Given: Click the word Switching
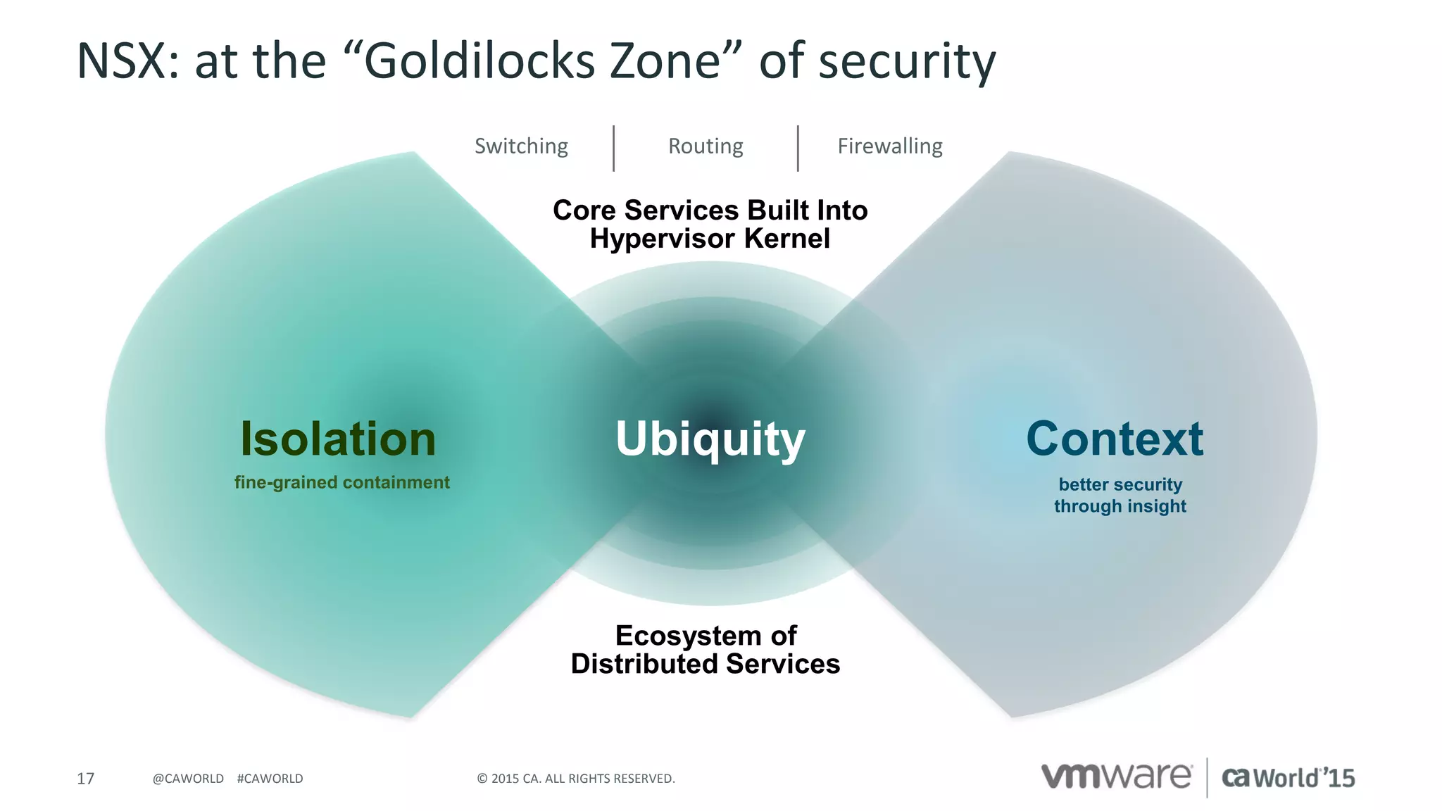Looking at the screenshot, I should pos(521,146).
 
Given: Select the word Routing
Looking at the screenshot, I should pos(706,146).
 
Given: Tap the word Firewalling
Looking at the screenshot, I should pos(890,146).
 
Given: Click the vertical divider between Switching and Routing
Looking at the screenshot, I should pos(614,149).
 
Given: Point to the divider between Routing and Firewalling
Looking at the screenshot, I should pos(798,149).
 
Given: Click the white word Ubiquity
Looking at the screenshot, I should pos(710,439).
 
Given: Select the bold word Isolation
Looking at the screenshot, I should pos(338,439).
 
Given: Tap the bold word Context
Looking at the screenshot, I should pos(1115,439).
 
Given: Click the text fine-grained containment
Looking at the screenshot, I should pos(341,482).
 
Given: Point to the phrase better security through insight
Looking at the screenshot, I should pos(1120,495).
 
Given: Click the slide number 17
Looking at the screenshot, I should pos(85,779).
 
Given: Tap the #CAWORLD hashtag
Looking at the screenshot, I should pos(270,779).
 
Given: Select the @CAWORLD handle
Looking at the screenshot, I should pos(188,779).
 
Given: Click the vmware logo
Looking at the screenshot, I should pos(1116,777).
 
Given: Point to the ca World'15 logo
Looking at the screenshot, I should pos(1288,778).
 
